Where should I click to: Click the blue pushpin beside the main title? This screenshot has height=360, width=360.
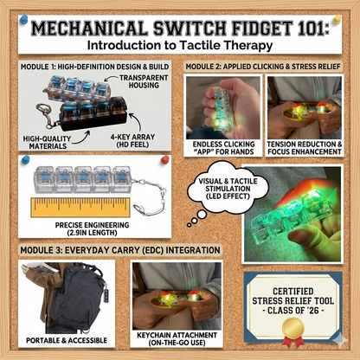tap(23, 20)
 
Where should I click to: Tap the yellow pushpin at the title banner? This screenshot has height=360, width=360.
tap(337, 20)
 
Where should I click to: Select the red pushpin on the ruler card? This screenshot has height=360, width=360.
tap(164, 159)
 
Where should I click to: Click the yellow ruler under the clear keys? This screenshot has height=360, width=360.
tap(80, 208)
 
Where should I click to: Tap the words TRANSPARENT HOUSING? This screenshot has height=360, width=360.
tap(144, 81)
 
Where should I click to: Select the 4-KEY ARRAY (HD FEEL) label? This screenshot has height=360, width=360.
tap(132, 141)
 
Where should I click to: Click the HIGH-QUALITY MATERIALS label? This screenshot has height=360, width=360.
tap(47, 143)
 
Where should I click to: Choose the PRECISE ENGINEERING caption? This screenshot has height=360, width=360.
tap(93, 228)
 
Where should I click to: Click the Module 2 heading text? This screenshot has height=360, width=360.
tap(263, 67)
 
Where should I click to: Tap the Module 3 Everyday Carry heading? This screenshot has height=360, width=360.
tap(120, 250)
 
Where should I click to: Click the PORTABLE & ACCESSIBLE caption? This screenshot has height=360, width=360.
tap(67, 340)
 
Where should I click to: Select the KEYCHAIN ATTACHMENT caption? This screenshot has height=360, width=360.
tap(177, 339)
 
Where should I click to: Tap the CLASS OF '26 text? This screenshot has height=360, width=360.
tap(292, 311)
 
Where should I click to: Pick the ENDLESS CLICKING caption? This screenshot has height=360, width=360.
tap(223, 148)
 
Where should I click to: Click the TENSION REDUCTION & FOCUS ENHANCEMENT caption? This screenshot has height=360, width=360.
tap(305, 148)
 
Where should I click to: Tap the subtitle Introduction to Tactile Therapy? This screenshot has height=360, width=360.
tap(180, 45)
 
